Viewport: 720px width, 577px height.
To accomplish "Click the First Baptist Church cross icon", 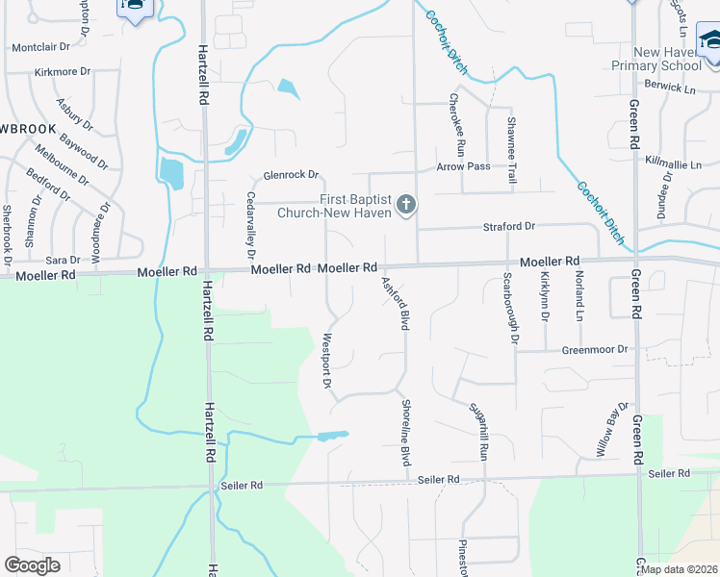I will coord(406,204).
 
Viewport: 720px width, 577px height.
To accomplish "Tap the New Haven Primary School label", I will coord(656,59).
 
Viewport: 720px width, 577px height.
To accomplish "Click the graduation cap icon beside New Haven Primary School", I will coord(710,39).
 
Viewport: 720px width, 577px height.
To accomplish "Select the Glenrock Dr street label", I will coord(291,175).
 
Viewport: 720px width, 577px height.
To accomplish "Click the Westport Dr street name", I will coord(327,361).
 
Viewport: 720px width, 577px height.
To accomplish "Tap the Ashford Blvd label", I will coord(396,304).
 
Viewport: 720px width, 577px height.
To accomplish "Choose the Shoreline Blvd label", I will coord(407,434).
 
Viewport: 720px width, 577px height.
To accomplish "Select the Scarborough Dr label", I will coord(511,309).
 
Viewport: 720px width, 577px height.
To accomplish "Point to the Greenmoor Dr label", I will coord(595,350).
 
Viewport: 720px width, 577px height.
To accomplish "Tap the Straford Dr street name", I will coord(508,227).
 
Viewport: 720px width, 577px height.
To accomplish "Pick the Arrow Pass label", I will coord(463,166).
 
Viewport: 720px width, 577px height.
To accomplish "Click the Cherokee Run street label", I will coord(459,125).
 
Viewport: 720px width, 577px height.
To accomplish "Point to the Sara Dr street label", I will coord(63,260).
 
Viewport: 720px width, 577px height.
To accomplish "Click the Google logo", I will coord(32,564).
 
